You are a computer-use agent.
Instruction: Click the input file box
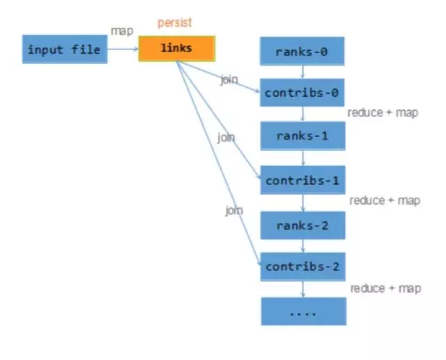click(65, 50)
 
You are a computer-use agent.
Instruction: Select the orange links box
click(176, 48)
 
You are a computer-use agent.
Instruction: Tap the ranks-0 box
click(302, 52)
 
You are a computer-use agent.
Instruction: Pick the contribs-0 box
click(302, 93)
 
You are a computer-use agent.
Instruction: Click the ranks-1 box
click(302, 136)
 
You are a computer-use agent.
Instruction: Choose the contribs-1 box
click(302, 181)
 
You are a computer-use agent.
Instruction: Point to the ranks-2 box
click(302, 225)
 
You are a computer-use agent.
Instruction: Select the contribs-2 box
click(302, 267)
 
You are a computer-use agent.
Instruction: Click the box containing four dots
click(302, 311)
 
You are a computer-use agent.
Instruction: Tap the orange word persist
click(175, 23)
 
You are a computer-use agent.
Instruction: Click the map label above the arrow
click(121, 31)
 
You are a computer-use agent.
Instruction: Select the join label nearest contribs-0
click(229, 79)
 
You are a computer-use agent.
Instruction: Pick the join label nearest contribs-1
click(226, 138)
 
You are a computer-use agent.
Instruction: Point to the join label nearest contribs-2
click(233, 210)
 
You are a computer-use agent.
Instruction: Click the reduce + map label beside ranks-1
click(383, 112)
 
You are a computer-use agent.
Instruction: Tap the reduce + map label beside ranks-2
click(385, 201)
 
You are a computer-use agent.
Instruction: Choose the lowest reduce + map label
click(385, 288)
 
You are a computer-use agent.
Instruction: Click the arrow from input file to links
click(123, 49)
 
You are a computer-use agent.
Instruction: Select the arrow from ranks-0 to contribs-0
click(302, 72)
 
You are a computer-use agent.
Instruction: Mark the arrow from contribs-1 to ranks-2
click(302, 203)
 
